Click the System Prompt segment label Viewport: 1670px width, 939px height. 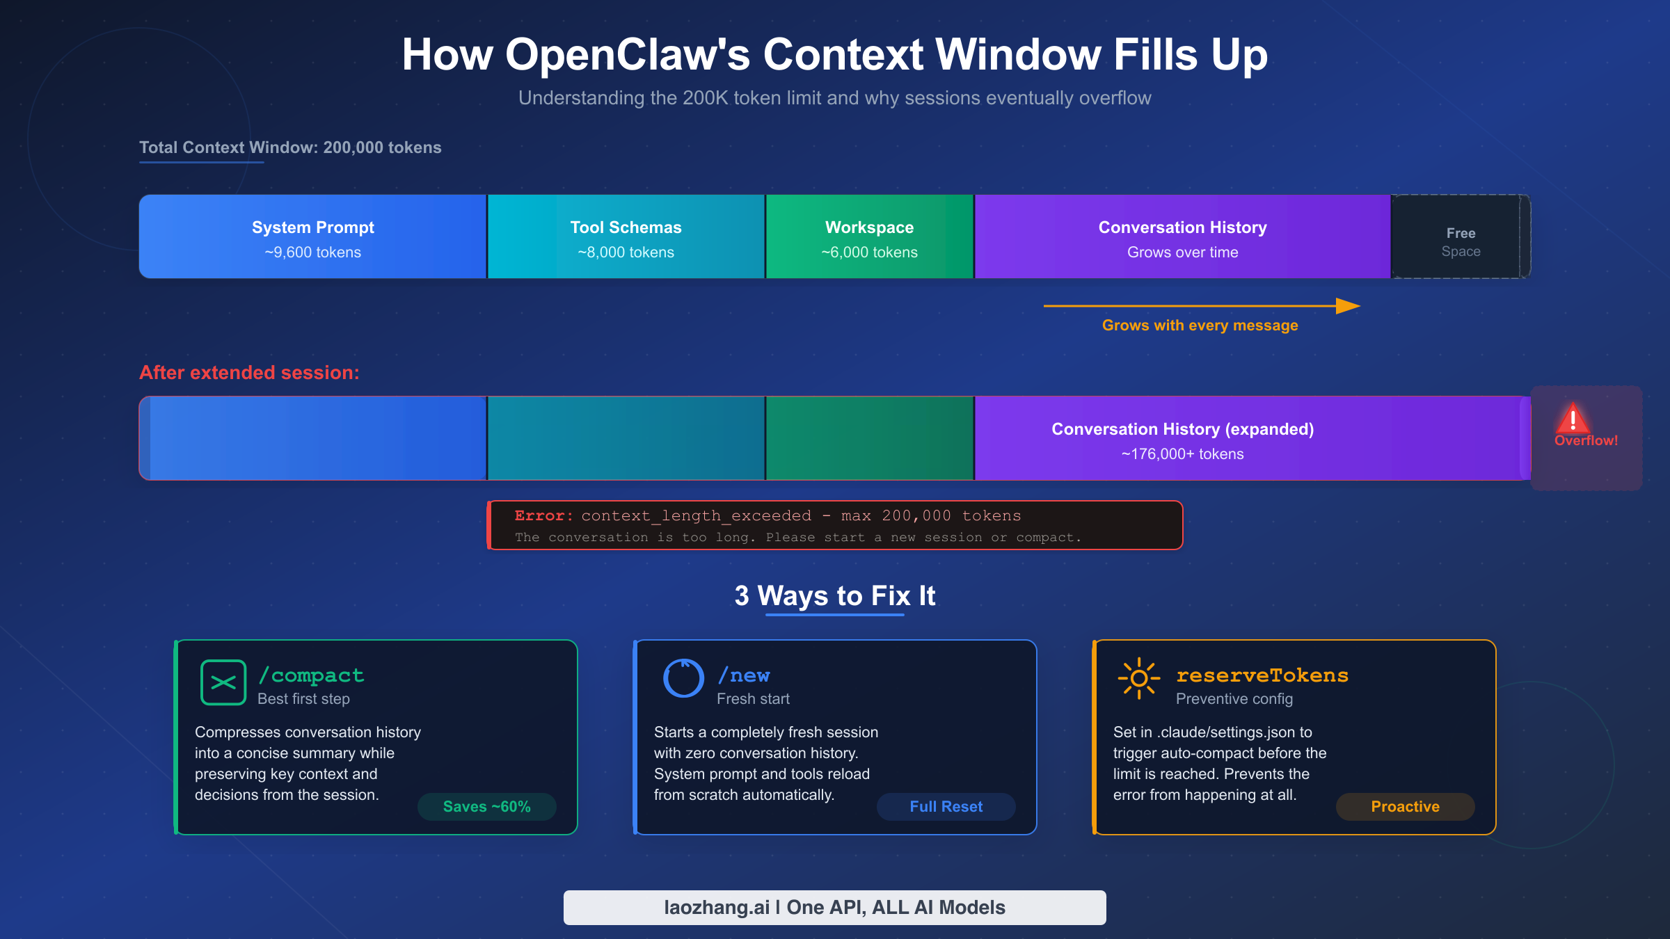(312, 227)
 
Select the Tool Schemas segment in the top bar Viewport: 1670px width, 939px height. (626, 236)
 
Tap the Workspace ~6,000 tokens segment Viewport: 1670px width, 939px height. (869, 236)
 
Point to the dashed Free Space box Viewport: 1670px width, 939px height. (1460, 236)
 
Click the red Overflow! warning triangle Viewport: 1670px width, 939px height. (1573, 419)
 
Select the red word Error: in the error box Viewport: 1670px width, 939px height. (543, 516)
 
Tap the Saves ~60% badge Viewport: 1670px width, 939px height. (486, 807)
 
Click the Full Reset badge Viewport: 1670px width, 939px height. (946, 807)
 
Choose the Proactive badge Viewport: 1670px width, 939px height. (1405, 807)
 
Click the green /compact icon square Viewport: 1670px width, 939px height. (223, 682)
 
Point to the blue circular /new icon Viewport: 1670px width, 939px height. (683, 678)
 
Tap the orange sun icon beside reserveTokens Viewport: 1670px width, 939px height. (1138, 678)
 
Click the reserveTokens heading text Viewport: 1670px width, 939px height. (1262, 675)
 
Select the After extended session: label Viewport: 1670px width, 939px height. (249, 373)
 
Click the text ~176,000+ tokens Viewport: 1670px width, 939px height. (1182, 454)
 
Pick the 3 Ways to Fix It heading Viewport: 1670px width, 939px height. (834, 596)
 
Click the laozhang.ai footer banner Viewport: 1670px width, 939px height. (834, 908)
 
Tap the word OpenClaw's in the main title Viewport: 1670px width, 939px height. (627, 55)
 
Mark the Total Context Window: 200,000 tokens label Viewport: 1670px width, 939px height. (290, 147)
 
